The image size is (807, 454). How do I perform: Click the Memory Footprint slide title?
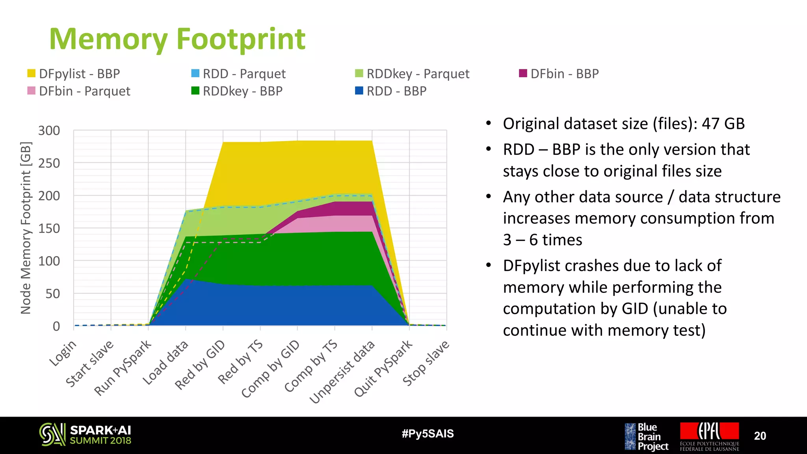point(177,39)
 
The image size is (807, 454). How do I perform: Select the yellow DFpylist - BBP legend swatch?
point(32,74)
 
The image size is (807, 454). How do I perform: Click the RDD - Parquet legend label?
point(244,74)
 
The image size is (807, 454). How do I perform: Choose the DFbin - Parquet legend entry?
point(79,91)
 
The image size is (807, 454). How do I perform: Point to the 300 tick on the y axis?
point(49,130)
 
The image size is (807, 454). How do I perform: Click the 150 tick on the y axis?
point(49,228)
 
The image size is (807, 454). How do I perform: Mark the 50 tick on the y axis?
point(53,294)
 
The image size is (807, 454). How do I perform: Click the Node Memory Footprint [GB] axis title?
point(26,228)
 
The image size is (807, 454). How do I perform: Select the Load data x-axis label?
point(165,363)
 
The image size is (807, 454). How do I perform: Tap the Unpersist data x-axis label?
point(342,372)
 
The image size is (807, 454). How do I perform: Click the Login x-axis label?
point(63,353)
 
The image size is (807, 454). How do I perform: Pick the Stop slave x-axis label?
point(426,363)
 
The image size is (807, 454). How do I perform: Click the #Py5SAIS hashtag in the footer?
point(428,434)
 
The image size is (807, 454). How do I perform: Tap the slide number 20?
point(760,436)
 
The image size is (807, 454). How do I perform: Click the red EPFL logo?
point(709,431)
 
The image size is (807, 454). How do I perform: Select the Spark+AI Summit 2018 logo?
point(85,435)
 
